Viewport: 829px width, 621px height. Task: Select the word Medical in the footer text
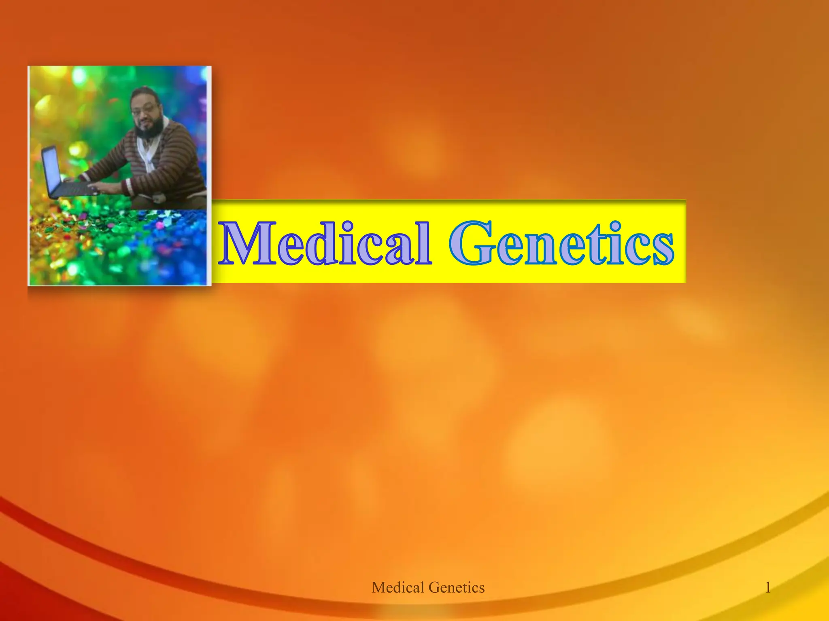pyautogui.click(x=398, y=587)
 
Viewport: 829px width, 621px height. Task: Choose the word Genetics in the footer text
pyautogui.click(x=456, y=587)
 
